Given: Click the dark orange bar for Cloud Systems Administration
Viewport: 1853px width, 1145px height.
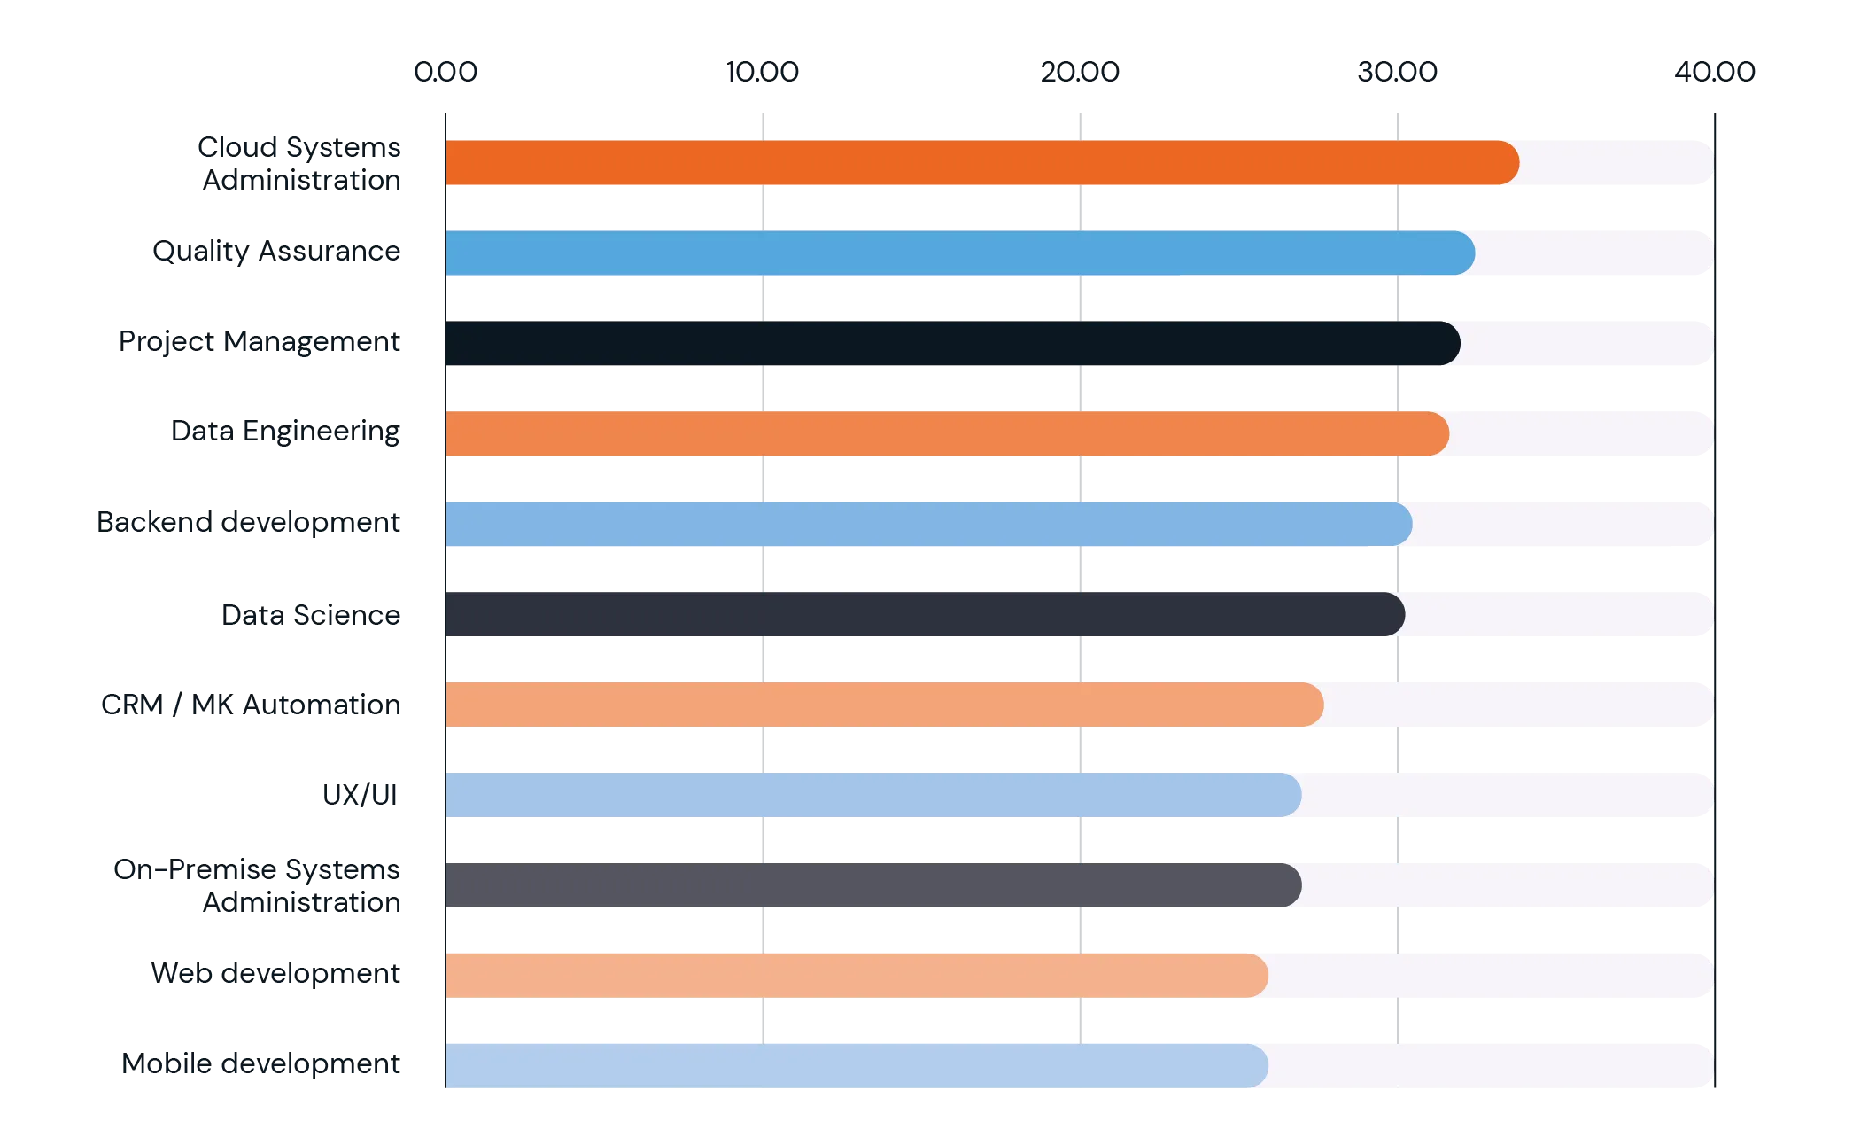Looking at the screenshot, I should click(x=974, y=163).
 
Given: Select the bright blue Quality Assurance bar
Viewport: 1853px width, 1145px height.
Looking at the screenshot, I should click(x=957, y=253).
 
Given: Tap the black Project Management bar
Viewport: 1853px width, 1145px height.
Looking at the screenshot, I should click(x=948, y=344).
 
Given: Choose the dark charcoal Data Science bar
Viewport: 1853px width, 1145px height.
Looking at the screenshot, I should click(x=921, y=614).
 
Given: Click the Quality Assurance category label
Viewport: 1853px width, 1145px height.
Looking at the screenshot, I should click(x=276, y=251).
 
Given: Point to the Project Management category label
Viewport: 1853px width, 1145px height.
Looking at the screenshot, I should click(x=262, y=342).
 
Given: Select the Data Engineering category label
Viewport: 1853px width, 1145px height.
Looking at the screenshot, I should click(x=286, y=433).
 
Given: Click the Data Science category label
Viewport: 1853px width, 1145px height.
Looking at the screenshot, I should click(x=311, y=616).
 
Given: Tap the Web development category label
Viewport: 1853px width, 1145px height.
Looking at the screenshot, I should click(x=276, y=973).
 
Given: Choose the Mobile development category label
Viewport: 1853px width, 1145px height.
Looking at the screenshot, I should click(x=262, y=1064).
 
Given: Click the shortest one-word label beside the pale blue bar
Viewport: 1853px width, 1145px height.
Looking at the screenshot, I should click(x=357, y=794).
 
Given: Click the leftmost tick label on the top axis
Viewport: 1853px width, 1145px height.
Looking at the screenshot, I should click(x=446, y=71).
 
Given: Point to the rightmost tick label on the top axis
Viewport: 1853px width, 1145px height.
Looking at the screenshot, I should click(x=1715, y=71).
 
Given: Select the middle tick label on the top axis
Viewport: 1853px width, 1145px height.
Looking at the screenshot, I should click(x=1080, y=71).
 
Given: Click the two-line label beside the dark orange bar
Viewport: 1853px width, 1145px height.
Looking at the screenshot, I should click(x=301, y=163).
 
